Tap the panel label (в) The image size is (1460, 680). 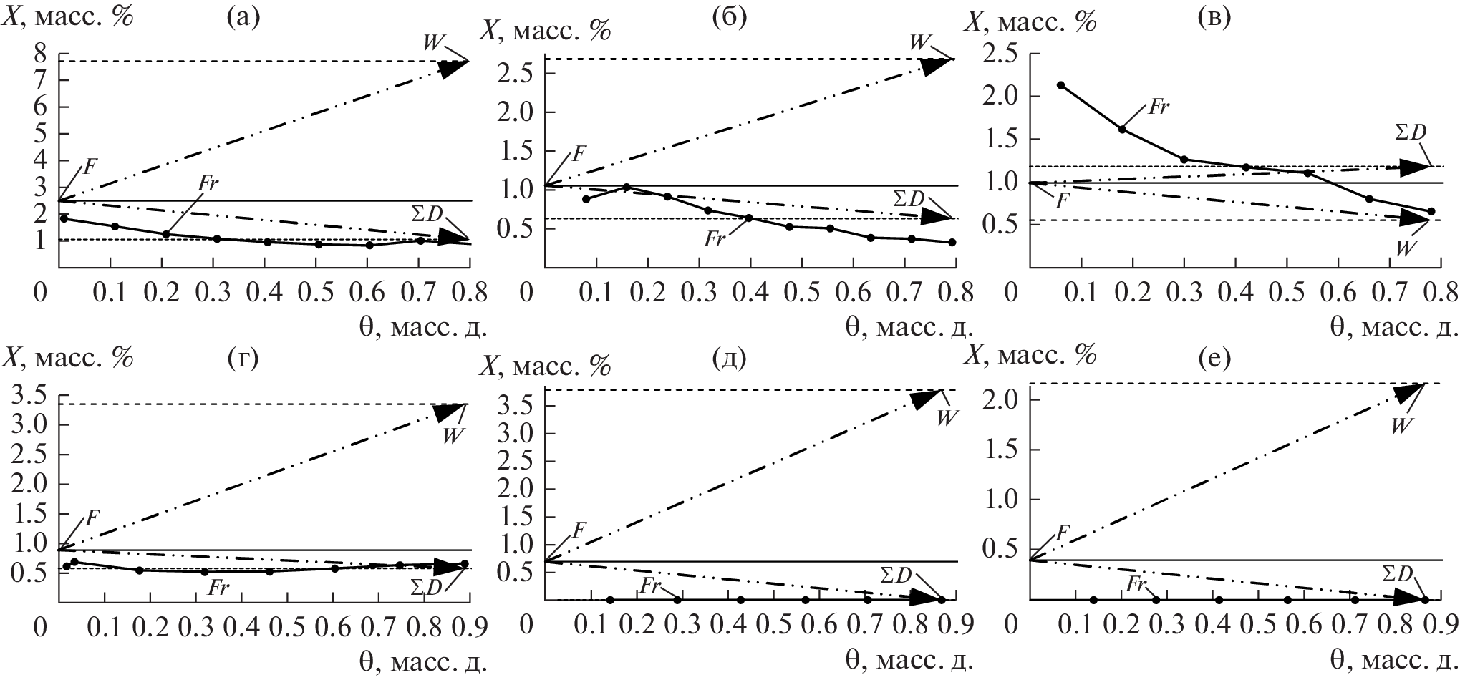pyautogui.click(x=1214, y=19)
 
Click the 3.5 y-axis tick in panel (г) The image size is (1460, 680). pyautogui.click(x=29, y=394)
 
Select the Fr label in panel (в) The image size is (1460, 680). pyautogui.click(x=1158, y=108)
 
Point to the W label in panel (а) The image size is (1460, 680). pyautogui.click(x=432, y=42)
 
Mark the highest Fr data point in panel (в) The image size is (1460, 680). pyautogui.click(x=1061, y=85)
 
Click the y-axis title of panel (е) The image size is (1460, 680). pyautogui.click(x=1031, y=356)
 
